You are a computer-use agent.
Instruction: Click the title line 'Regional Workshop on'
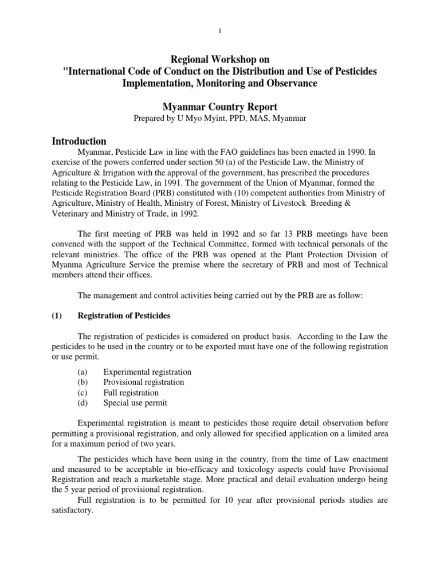click(220, 59)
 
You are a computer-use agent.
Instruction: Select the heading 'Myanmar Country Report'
click(220, 107)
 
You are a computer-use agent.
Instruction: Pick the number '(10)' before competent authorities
click(235, 194)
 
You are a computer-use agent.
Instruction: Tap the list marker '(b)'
click(82, 382)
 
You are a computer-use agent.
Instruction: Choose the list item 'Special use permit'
click(135, 403)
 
